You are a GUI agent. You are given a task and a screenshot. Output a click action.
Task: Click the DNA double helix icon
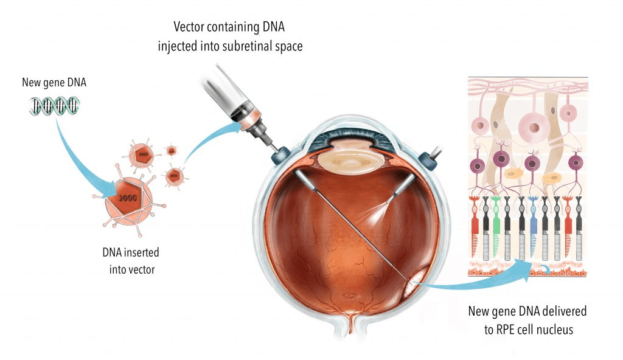tap(54, 106)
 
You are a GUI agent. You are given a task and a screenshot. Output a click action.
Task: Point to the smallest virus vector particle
tap(172, 150)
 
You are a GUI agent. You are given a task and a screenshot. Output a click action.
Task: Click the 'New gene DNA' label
tap(54, 82)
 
